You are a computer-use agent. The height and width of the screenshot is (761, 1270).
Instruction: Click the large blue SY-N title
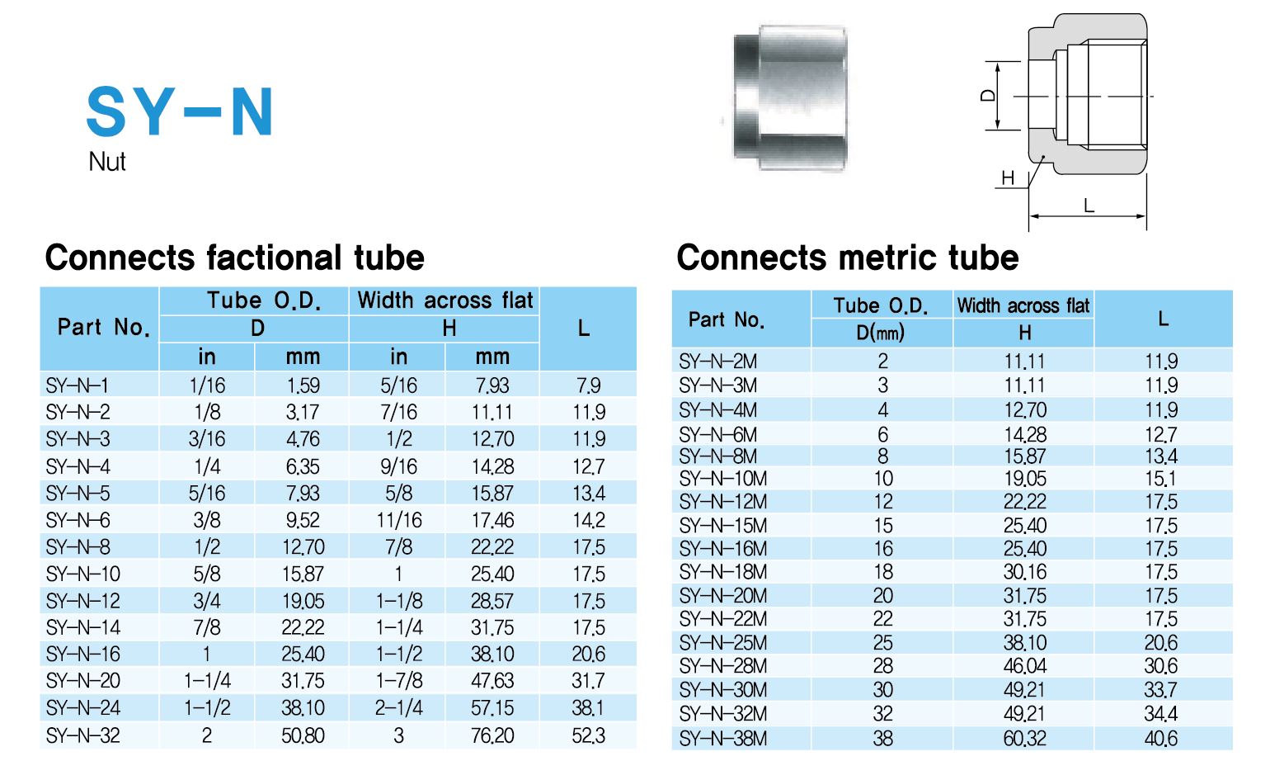(x=179, y=111)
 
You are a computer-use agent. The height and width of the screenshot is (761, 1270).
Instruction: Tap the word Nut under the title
(x=106, y=162)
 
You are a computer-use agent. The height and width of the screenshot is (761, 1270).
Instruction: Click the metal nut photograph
(x=790, y=97)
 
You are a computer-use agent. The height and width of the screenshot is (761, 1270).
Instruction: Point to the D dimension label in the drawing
(x=988, y=95)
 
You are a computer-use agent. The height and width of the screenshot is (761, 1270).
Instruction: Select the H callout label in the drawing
(x=1008, y=178)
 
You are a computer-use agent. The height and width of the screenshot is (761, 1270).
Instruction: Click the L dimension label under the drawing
(x=1089, y=205)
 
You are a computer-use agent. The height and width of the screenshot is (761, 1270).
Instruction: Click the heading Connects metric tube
(x=848, y=258)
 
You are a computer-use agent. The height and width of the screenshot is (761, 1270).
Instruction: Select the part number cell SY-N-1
(x=78, y=386)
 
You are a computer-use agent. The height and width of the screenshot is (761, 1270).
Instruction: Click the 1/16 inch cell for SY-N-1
(x=207, y=386)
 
